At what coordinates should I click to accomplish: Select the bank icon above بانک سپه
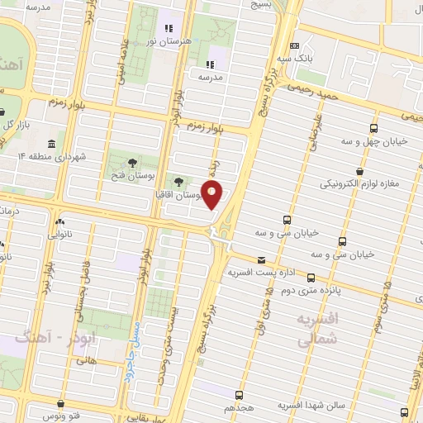coord(295,46)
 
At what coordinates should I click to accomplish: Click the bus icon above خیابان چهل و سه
coord(373,128)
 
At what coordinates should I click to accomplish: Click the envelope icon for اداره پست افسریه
coord(261,259)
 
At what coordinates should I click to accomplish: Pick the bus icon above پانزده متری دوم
coord(311,278)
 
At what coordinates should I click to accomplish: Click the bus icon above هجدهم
coord(240,396)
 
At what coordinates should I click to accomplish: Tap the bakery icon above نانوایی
coord(59,222)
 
